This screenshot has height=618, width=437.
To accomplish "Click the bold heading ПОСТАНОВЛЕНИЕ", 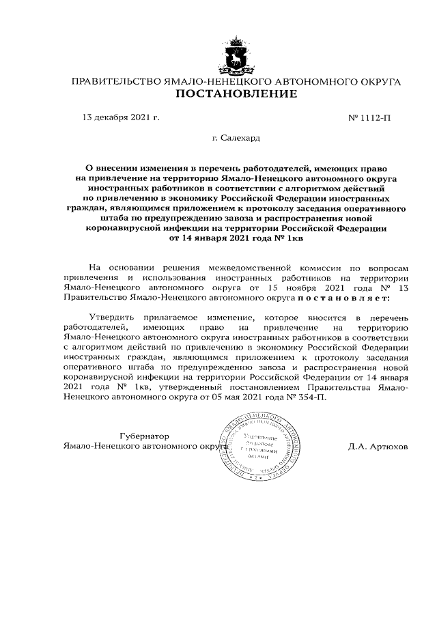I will click(236, 94).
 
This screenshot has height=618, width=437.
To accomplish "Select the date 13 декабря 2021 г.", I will click(120, 117).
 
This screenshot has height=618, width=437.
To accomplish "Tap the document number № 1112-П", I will click(370, 117).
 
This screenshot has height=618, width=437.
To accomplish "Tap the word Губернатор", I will click(144, 436).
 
